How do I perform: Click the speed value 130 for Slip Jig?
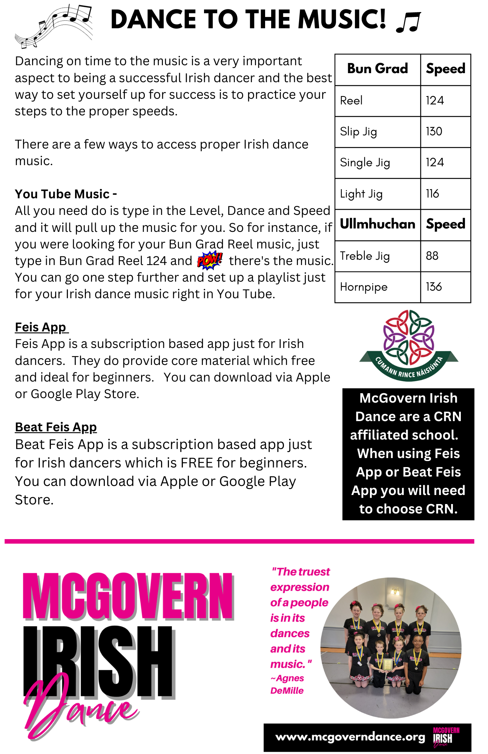tap(434, 132)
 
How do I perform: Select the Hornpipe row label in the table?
tap(364, 287)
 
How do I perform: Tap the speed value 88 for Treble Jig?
tap(432, 256)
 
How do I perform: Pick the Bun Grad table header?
tap(378, 69)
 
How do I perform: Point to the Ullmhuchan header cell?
tap(378, 224)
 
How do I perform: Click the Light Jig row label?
tap(361, 194)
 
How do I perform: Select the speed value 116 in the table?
tap(433, 194)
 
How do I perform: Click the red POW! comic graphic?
tap(210, 260)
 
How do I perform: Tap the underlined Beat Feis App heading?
tap(56, 427)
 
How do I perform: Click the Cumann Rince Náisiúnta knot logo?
tap(409, 345)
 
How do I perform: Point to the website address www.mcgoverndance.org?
tap(350, 737)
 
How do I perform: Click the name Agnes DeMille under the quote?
tap(287, 684)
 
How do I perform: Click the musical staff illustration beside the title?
tap(54, 26)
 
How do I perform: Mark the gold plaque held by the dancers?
tap(388, 664)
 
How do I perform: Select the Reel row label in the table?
tap(351, 101)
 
